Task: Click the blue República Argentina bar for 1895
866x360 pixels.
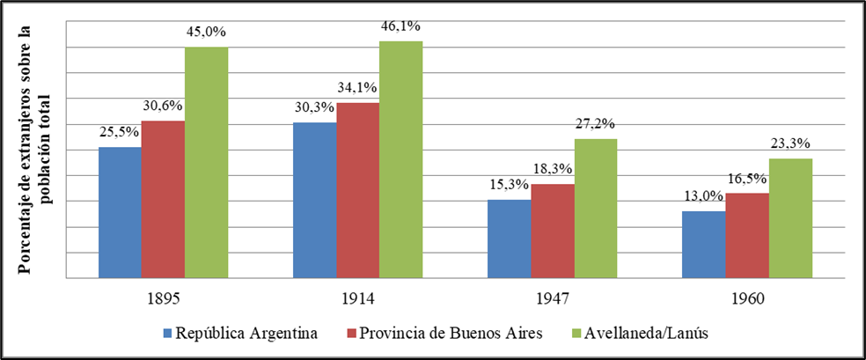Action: [120, 213]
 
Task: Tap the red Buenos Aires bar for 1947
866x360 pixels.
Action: [552, 231]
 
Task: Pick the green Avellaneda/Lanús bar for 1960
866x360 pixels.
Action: [789, 218]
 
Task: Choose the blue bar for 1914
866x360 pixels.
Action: [313, 201]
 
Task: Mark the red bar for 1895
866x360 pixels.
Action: [163, 200]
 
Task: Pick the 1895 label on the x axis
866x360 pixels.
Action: [163, 299]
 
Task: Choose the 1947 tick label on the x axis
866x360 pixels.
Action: [552, 299]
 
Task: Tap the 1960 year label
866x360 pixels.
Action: [746, 299]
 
